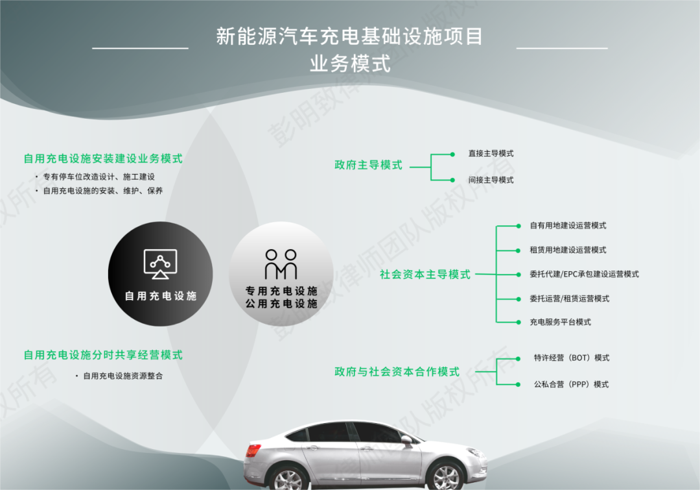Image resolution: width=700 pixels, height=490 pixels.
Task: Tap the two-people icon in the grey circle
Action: coord(281,264)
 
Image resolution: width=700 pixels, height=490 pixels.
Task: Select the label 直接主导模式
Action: coord(491,153)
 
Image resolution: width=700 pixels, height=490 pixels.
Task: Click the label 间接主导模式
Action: coord(491,180)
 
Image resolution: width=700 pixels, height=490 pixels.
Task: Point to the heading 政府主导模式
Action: coord(368,165)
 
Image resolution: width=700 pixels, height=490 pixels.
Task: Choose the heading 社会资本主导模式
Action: coord(425,274)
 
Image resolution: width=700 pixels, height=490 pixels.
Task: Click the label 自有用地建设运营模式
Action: coord(568,225)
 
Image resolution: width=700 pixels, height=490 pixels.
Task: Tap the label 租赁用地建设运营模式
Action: coord(568,250)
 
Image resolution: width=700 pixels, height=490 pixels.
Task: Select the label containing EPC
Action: coord(584,274)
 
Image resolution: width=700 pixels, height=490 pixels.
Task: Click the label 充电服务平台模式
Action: coord(560,322)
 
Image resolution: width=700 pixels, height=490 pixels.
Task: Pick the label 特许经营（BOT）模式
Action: coord(572,358)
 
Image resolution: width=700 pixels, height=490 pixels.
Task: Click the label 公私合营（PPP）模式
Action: coord(571,384)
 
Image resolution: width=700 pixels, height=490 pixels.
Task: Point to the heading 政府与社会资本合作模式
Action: coord(397,371)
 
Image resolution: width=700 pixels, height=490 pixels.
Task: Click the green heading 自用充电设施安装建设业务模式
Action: coord(103,158)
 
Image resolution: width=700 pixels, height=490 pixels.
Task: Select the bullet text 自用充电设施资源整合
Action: coord(122,376)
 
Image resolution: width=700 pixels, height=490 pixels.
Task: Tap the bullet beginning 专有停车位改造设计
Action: coord(99,177)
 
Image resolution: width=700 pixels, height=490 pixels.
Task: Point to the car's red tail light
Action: coord(253,450)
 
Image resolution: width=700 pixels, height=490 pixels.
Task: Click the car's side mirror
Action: coord(406,441)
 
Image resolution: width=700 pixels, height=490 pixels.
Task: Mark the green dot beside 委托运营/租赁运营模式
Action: coord(519,299)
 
